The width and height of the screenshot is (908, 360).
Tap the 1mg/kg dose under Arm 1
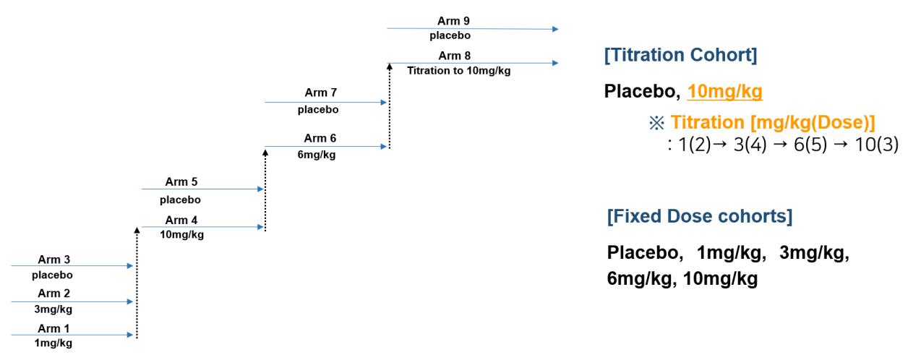coord(53,344)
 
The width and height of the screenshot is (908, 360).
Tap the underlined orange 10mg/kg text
coord(727,92)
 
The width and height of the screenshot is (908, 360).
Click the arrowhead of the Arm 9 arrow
coord(554,29)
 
